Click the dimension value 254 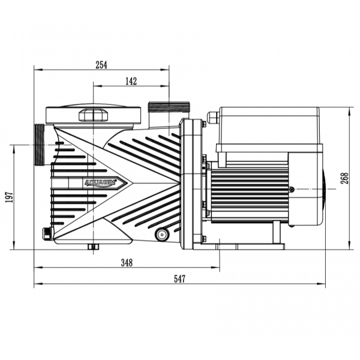[x=101, y=65]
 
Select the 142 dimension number [x=131, y=81]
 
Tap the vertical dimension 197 [x=8, y=196]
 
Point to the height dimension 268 [x=344, y=178]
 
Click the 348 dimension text [x=127, y=262]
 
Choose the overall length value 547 [x=179, y=279]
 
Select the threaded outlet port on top [x=168, y=109]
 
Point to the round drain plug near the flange [x=161, y=234]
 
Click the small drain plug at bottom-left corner [x=47, y=232]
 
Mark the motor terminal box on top [x=269, y=128]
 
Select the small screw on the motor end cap [x=292, y=190]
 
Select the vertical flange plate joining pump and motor [x=190, y=183]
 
